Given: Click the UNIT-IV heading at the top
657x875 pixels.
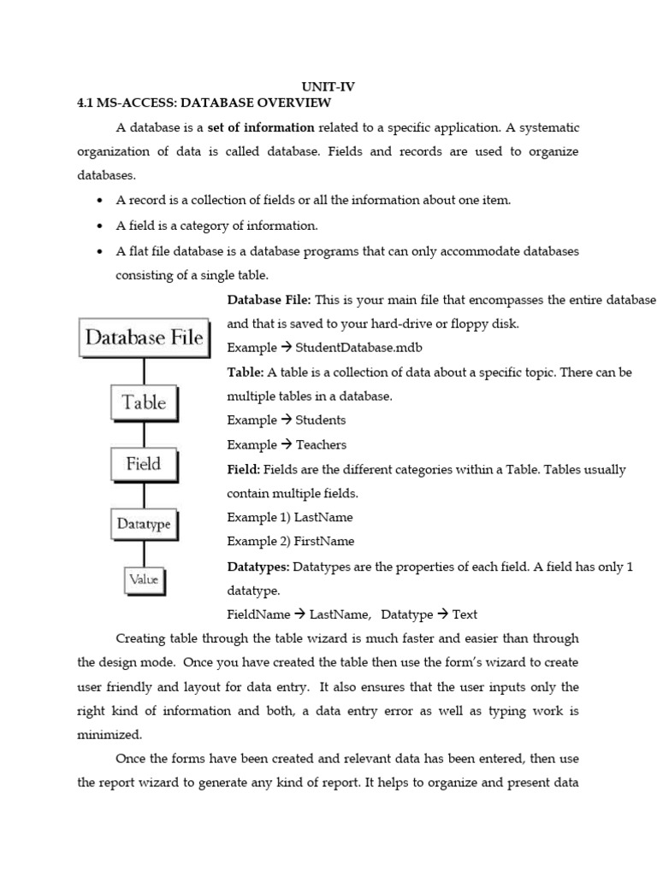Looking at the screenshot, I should [x=328, y=87].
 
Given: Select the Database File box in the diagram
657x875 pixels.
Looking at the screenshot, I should [x=144, y=338].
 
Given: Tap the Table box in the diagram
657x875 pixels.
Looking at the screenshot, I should [x=144, y=402].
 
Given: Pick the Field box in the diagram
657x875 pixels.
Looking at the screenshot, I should [x=144, y=464].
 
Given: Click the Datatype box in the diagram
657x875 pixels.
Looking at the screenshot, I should [x=144, y=524].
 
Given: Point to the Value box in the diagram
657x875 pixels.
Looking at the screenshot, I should [x=144, y=579].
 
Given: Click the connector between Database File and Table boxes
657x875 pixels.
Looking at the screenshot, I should [x=144, y=370].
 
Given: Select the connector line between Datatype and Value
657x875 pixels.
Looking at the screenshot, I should [x=144, y=553].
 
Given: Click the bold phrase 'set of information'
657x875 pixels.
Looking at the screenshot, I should [x=261, y=127].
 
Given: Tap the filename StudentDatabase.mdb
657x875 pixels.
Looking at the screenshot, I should [x=358, y=348].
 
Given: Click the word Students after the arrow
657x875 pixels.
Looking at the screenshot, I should [x=321, y=420].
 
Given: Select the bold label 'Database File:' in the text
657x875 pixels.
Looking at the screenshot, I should [x=269, y=300].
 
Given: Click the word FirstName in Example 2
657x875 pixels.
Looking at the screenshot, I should [x=324, y=541].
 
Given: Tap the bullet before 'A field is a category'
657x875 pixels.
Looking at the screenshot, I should [x=100, y=226].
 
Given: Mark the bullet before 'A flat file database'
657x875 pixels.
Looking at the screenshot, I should [x=100, y=252].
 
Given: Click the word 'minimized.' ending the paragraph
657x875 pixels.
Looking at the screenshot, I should [x=109, y=734].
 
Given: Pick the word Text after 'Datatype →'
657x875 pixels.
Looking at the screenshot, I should [x=465, y=614].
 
